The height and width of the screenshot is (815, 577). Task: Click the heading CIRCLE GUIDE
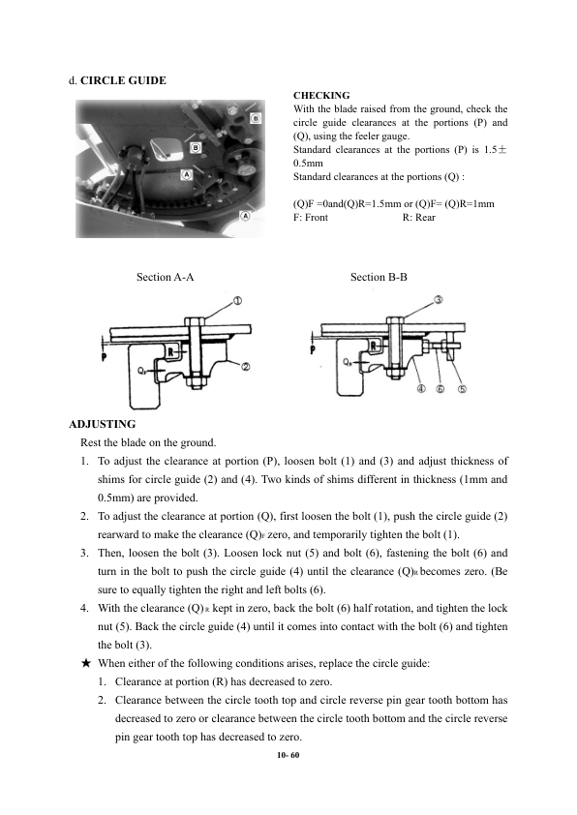123,80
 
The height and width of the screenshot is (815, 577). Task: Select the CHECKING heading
321,95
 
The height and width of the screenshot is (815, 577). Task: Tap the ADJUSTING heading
103,424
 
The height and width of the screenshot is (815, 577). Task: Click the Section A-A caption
165,277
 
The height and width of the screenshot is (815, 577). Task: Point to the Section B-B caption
379,277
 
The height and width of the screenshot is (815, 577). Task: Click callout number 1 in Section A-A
237,301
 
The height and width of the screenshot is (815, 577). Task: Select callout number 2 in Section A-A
246,368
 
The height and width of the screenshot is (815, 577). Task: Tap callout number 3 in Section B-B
439,300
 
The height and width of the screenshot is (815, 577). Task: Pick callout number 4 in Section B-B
422,389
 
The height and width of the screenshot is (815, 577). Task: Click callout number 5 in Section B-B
462,389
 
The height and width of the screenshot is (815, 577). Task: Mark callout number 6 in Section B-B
440,389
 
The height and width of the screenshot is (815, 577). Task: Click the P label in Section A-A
104,356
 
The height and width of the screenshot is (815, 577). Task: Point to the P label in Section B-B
313,349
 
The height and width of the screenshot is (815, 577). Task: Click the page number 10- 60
288,755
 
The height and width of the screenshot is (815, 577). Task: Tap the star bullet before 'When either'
86,663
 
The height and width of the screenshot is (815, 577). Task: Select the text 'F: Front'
311,217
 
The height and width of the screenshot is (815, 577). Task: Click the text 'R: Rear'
418,217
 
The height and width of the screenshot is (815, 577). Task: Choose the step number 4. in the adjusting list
84,608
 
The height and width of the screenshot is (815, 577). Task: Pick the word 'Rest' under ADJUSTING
89,443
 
